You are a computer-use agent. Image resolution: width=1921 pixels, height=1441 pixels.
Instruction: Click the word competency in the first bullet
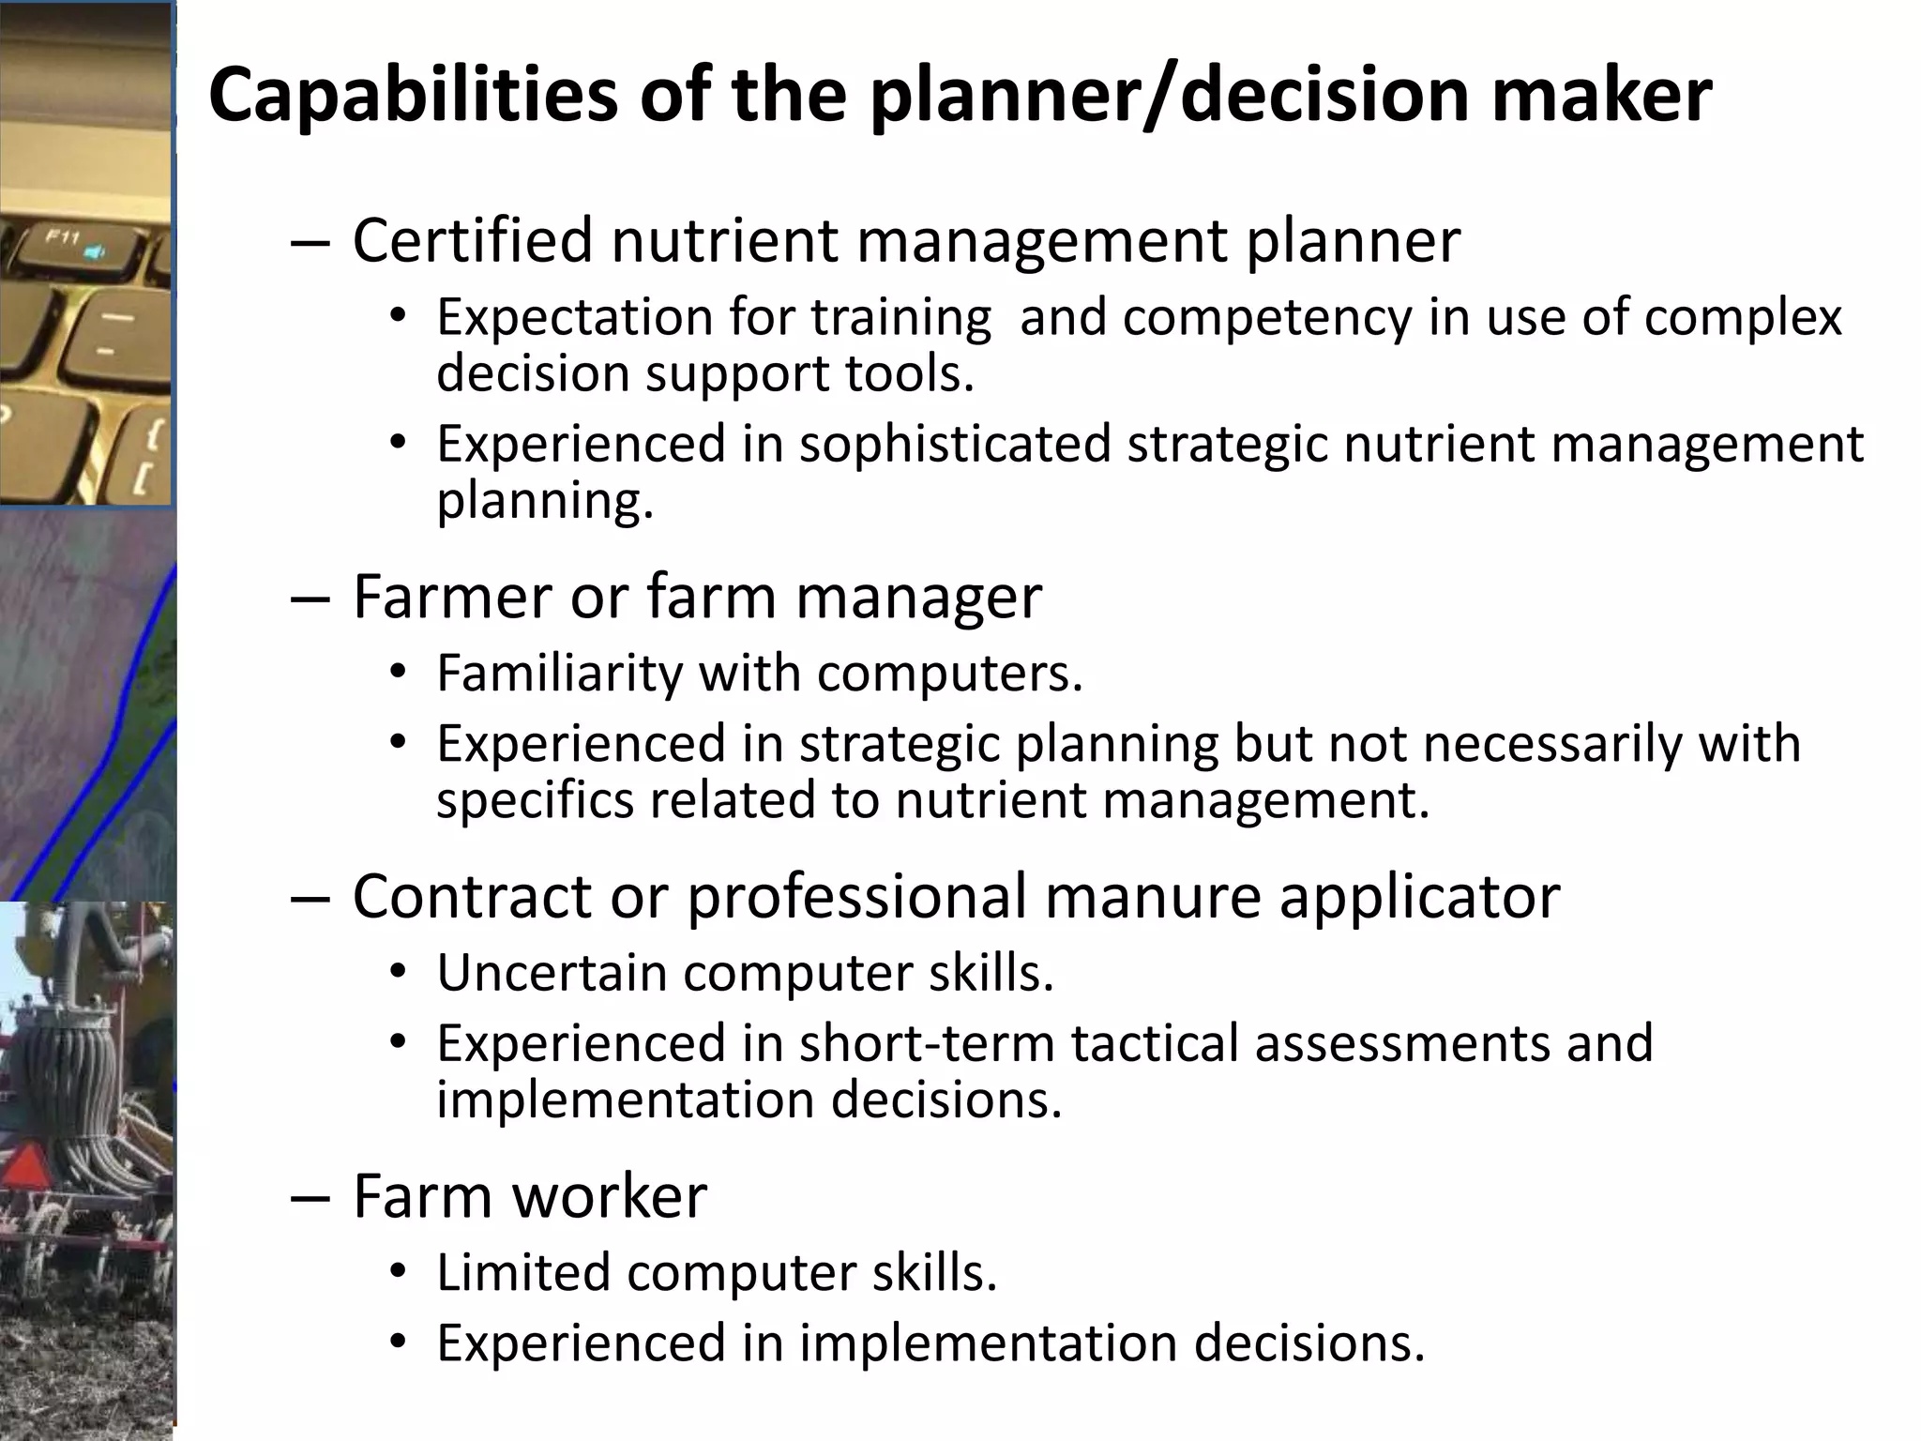tap(1266, 317)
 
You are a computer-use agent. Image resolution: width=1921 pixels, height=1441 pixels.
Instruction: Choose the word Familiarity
tap(559, 673)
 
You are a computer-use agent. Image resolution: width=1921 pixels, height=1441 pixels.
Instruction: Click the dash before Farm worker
tap(310, 1198)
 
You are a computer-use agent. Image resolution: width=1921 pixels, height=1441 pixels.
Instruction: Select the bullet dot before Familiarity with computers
tap(399, 674)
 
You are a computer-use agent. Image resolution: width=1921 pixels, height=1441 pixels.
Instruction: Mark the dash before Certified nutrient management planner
tap(310, 242)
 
